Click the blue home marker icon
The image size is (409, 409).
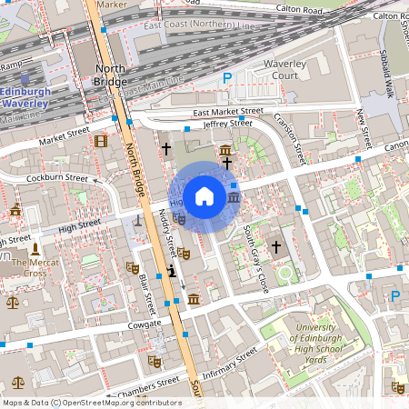click(204, 195)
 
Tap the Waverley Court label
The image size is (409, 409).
click(281, 70)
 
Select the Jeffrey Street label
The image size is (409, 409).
click(227, 123)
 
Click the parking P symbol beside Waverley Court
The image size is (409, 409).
click(226, 78)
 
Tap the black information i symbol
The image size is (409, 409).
click(172, 271)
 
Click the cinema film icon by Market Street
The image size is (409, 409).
click(100, 140)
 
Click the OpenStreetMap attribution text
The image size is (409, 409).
click(91, 403)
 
